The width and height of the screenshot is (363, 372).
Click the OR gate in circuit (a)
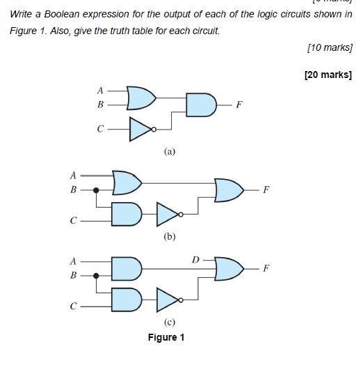[x=141, y=98]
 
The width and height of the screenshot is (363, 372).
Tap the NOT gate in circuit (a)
[x=141, y=129]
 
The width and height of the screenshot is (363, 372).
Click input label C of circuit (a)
[x=100, y=129]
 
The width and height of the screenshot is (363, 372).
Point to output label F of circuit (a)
[x=239, y=105]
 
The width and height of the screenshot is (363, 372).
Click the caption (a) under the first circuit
[x=170, y=151]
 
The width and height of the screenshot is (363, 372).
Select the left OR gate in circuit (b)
[x=127, y=183]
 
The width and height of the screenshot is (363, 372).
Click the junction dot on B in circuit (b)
[x=96, y=189]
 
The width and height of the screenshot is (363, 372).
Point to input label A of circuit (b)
[x=73, y=175]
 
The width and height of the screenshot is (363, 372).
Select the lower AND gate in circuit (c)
[x=127, y=300]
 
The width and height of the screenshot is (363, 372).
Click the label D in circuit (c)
[x=196, y=260]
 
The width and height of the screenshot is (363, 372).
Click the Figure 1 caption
[x=166, y=338]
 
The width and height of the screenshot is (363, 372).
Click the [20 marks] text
[x=328, y=75]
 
